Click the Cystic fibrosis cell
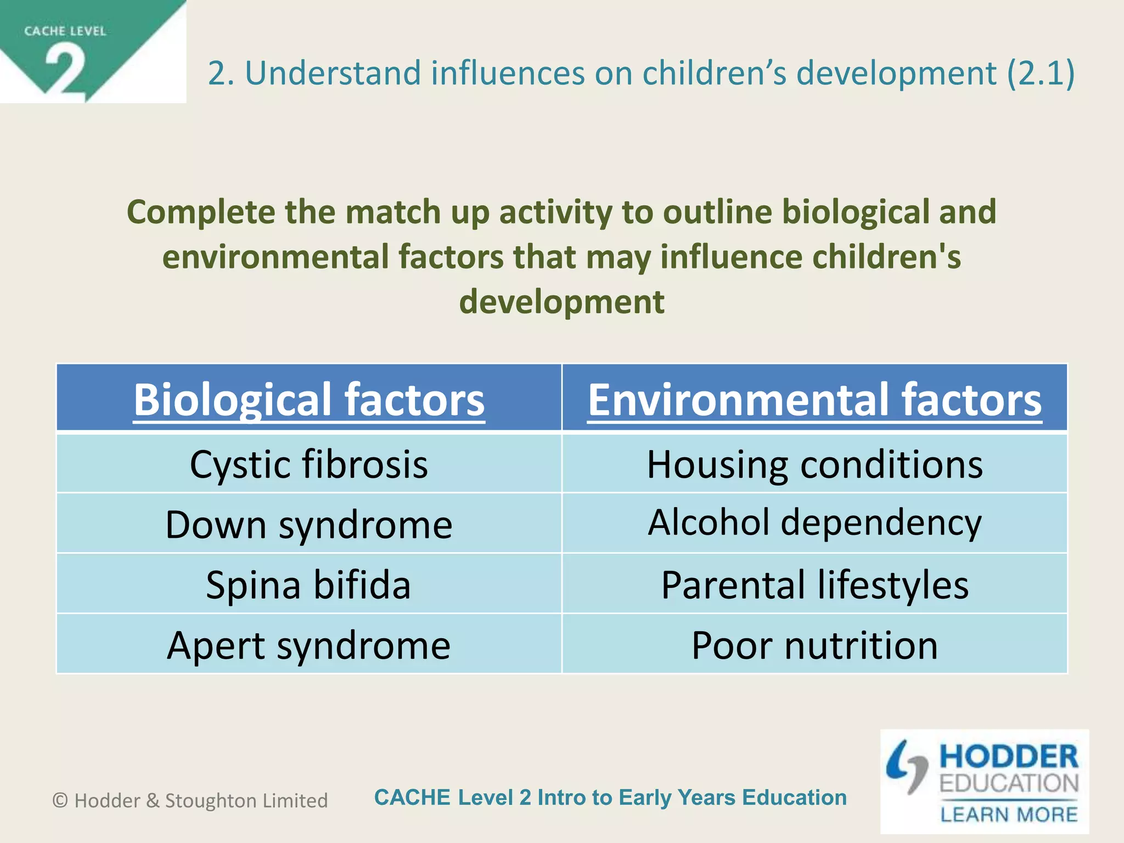point(309,464)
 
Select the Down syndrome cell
point(309,525)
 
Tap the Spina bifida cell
point(309,585)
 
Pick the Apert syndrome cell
point(309,645)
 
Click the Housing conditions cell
point(815,464)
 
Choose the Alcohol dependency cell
point(815,522)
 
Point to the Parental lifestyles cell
point(815,585)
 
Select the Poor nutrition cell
point(815,645)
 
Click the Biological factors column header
point(309,399)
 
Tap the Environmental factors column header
point(815,399)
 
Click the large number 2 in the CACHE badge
point(66,70)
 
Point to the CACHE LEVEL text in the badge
point(65,31)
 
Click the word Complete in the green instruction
point(201,212)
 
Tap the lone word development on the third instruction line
point(561,302)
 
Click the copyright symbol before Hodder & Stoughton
point(60,801)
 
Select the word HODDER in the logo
point(1009,757)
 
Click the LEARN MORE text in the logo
point(1009,814)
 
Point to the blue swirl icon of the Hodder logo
point(907,766)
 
